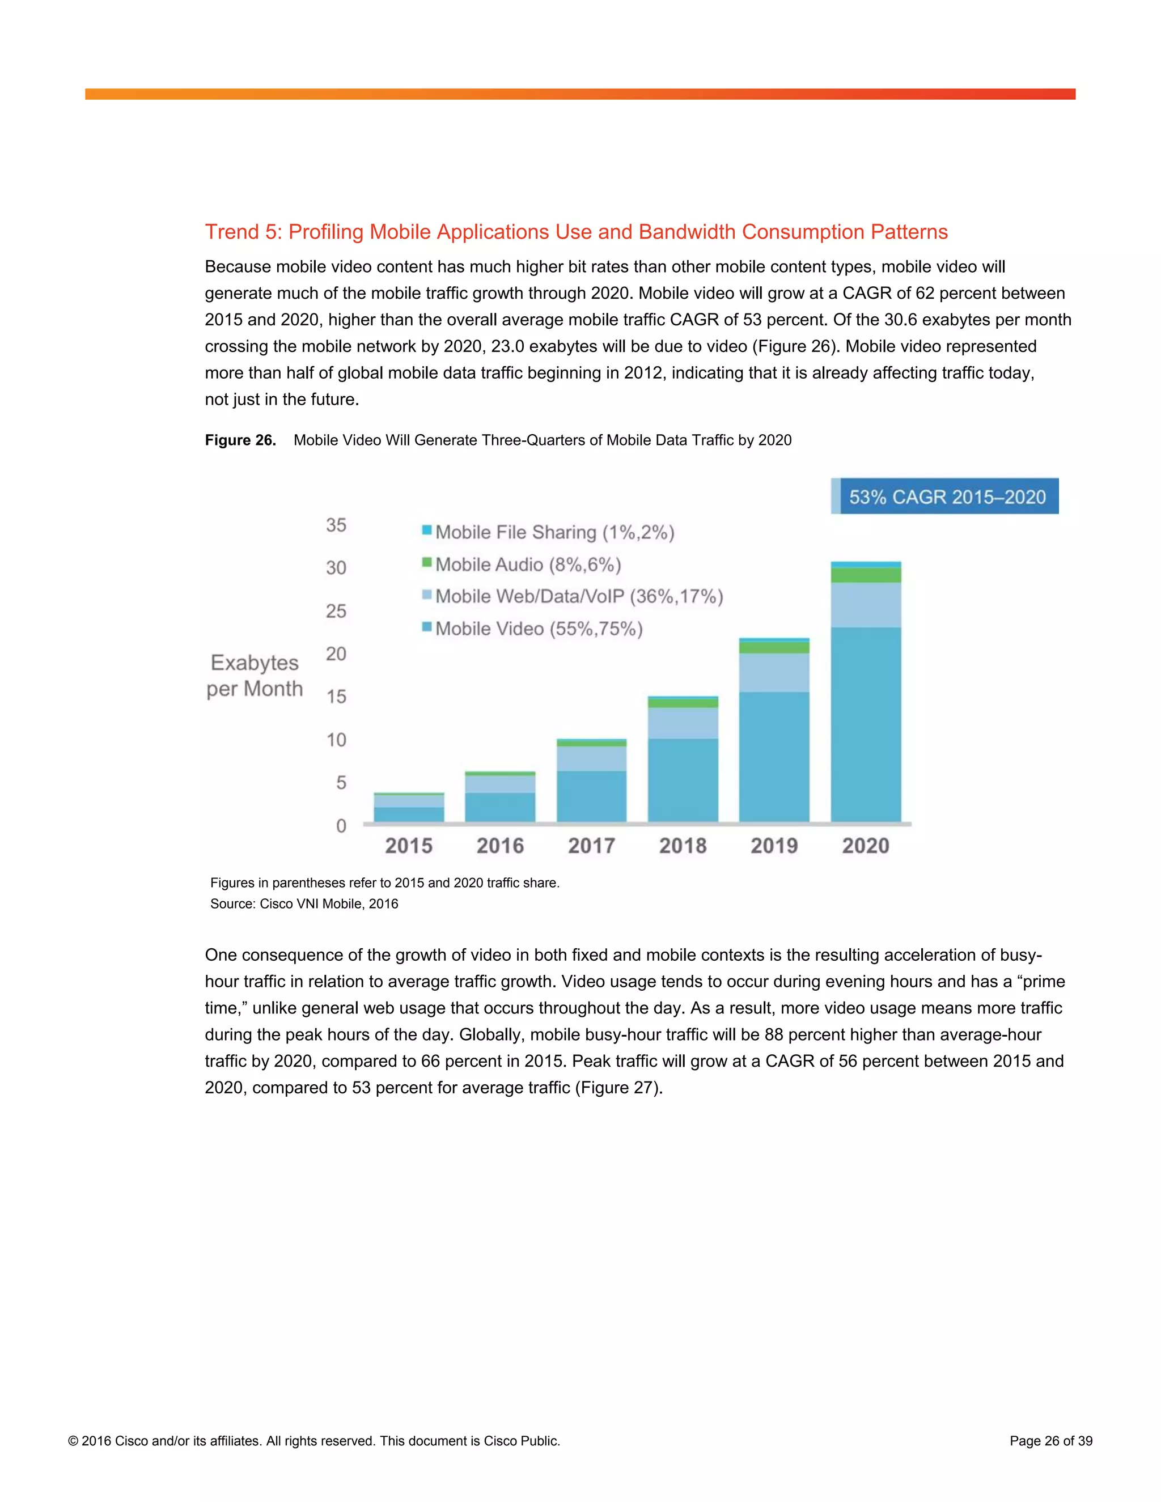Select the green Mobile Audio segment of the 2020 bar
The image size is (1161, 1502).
865,575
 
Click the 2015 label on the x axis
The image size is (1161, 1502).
409,845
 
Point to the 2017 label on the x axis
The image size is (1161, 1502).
591,845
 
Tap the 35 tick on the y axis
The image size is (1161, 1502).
336,525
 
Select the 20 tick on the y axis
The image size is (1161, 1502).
336,654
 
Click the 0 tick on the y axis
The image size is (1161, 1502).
341,826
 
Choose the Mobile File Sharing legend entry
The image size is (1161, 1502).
548,532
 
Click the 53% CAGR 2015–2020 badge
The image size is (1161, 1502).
946,497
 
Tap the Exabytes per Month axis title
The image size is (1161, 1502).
255,676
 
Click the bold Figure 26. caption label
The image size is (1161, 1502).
240,440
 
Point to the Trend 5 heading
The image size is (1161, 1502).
576,232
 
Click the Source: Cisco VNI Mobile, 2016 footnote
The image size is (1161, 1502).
304,903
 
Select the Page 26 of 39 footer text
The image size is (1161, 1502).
1050,1441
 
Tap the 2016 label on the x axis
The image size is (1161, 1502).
500,845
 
